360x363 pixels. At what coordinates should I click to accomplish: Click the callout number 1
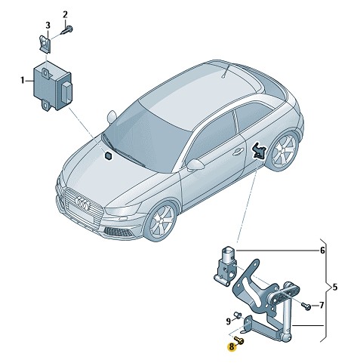click(x=23, y=81)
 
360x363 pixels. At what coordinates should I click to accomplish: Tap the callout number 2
click(x=65, y=15)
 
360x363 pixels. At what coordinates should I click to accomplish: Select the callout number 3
click(x=48, y=26)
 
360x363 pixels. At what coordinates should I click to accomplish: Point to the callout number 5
click(x=334, y=287)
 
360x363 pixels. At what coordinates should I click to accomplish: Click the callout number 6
click(x=322, y=251)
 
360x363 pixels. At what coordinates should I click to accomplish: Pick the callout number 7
click(x=322, y=306)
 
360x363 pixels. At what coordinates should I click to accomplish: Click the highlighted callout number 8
click(x=231, y=347)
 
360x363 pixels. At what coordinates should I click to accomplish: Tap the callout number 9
click(x=228, y=321)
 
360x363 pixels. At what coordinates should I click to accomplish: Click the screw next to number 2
click(x=67, y=30)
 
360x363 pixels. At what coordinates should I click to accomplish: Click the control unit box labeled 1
click(x=53, y=85)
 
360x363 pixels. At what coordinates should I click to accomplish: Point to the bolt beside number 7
click(x=306, y=306)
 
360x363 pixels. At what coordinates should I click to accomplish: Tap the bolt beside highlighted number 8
click(x=239, y=340)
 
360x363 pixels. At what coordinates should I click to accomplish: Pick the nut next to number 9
click(x=238, y=315)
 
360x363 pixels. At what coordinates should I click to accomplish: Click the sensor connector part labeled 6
click(x=226, y=266)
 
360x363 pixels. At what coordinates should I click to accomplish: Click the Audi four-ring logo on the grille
click(x=82, y=203)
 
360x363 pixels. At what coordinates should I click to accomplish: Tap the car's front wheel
click(x=162, y=220)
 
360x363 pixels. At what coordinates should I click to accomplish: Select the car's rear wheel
click(x=284, y=150)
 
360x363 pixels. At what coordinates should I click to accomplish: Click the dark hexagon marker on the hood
click(x=109, y=155)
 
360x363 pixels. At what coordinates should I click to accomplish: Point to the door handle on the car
click(x=238, y=152)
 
